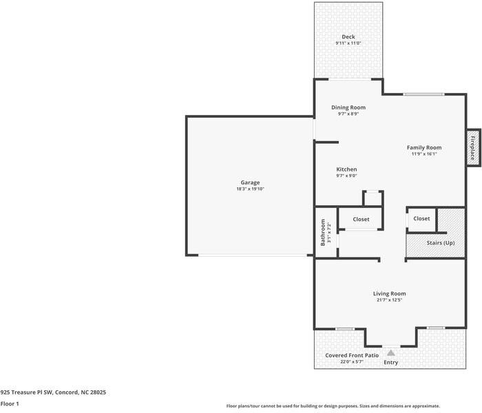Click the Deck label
[x=348, y=36]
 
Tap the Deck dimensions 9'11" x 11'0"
[x=348, y=43]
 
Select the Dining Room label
[x=348, y=107]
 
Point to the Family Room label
[x=423, y=147]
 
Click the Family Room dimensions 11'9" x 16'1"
[x=423, y=154]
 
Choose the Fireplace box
[x=472, y=147]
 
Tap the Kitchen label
[x=346, y=169]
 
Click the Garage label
[x=250, y=182]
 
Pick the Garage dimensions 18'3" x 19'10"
[x=250, y=189]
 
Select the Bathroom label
[x=322, y=232]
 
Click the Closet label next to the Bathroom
[x=361, y=220]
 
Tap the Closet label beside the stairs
[x=421, y=219]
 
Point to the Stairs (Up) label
[x=441, y=243]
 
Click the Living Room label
[x=389, y=293]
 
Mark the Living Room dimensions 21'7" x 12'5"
[x=389, y=300]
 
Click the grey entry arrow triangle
[x=390, y=352]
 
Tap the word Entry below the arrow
[x=390, y=362]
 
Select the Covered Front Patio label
[x=352, y=355]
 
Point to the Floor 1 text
[x=10, y=404]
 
